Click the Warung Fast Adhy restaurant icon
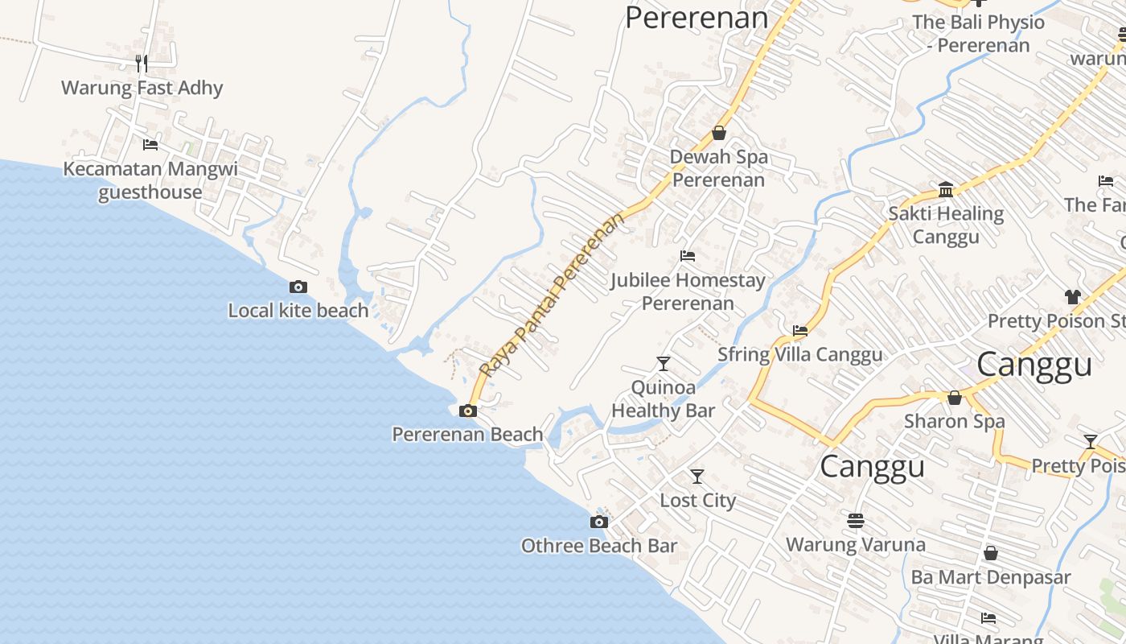coord(142,63)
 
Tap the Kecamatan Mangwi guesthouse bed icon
coord(150,145)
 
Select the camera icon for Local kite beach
coord(298,287)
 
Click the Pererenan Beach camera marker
coord(467,411)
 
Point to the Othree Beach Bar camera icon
coord(598,522)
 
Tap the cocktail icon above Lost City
coord(697,477)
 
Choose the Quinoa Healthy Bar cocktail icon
coord(664,363)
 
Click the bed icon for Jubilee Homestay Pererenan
coord(688,256)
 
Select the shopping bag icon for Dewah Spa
coord(719,133)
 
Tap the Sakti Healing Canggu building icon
coord(946,190)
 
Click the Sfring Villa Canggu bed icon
coord(800,330)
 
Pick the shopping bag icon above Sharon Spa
coord(955,398)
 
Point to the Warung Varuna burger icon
coord(855,521)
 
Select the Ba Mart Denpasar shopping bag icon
coord(991,553)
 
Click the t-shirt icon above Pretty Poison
coord(1072,297)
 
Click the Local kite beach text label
coord(298,311)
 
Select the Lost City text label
coord(698,501)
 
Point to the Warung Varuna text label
coord(856,545)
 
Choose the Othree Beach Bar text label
coord(599,546)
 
